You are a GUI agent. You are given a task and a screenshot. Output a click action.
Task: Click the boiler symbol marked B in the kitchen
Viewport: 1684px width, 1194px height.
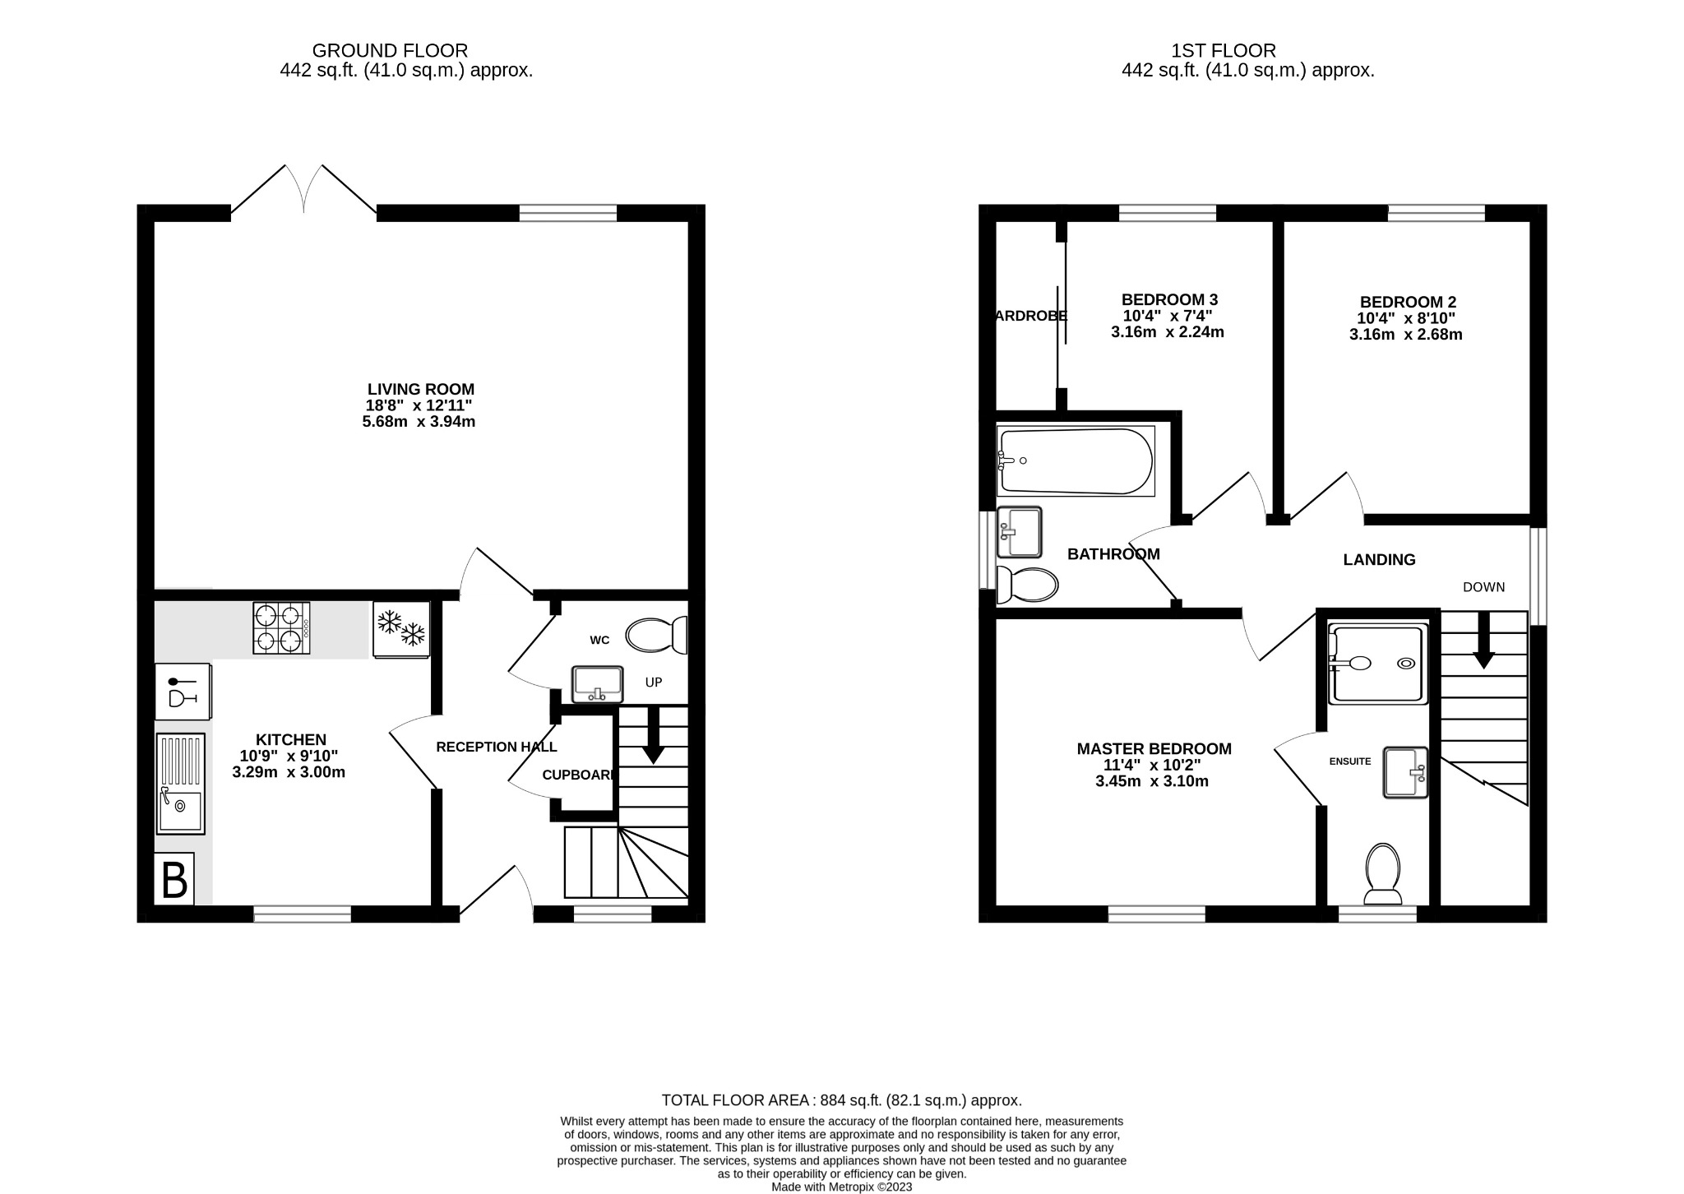tap(174, 880)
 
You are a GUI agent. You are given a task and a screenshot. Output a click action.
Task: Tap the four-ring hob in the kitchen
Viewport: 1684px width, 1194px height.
tap(281, 628)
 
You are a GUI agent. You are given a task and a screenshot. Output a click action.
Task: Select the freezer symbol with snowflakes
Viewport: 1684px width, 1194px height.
tap(401, 629)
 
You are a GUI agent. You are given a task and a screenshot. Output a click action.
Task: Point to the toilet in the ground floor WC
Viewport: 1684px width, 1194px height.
tap(656, 635)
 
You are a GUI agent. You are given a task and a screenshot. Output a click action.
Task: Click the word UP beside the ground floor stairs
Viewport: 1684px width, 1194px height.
tap(654, 683)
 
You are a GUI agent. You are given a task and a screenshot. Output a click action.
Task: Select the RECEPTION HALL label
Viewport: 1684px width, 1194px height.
tap(496, 747)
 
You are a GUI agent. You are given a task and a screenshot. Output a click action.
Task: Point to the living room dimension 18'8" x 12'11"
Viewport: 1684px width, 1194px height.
tap(419, 405)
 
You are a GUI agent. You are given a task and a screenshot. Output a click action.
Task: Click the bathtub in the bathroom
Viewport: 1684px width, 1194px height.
tap(1076, 461)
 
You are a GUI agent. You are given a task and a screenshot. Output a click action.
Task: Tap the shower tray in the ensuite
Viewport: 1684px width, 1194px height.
tap(1377, 664)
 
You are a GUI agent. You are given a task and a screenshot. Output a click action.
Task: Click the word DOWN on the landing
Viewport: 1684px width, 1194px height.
tap(1483, 587)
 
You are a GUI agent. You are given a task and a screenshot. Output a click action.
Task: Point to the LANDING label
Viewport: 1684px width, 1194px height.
tap(1379, 560)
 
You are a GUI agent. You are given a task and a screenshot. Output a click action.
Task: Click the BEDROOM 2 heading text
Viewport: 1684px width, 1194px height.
tap(1408, 302)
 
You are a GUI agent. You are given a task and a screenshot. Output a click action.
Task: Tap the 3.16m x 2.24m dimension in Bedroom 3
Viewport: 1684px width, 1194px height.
tap(1168, 332)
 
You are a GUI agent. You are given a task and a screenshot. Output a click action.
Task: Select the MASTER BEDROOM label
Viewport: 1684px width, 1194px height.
tap(1154, 749)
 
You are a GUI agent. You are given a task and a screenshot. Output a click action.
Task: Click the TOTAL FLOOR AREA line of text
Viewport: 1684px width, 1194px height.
tap(841, 1100)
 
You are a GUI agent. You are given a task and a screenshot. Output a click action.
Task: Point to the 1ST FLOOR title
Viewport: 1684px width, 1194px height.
tap(1224, 51)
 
